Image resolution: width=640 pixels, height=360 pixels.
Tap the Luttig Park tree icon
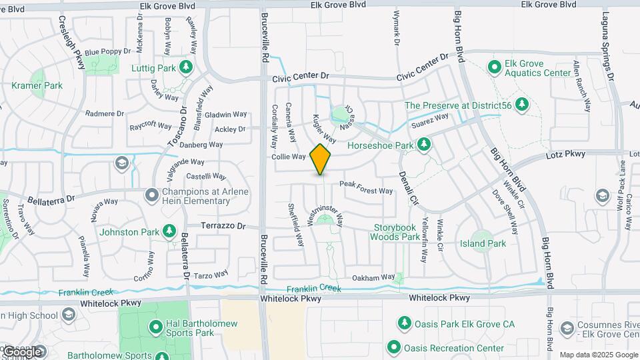[186, 67]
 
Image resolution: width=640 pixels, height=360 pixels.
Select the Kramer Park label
[37, 85]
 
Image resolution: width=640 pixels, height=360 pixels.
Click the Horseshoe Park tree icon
[423, 143]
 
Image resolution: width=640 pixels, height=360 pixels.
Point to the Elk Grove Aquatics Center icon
[494, 67]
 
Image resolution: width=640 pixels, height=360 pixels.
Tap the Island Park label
[483, 243]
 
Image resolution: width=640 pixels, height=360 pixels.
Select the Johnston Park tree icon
[169, 231]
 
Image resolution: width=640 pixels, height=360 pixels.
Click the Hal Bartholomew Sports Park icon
[155, 327]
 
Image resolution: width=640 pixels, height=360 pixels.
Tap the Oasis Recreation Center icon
[393, 347]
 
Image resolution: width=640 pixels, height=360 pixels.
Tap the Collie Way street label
[288, 157]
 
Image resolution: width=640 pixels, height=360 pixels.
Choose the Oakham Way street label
[373, 277]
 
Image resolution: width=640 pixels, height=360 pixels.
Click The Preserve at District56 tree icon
[522, 105]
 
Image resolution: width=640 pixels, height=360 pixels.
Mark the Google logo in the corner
[22, 351]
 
